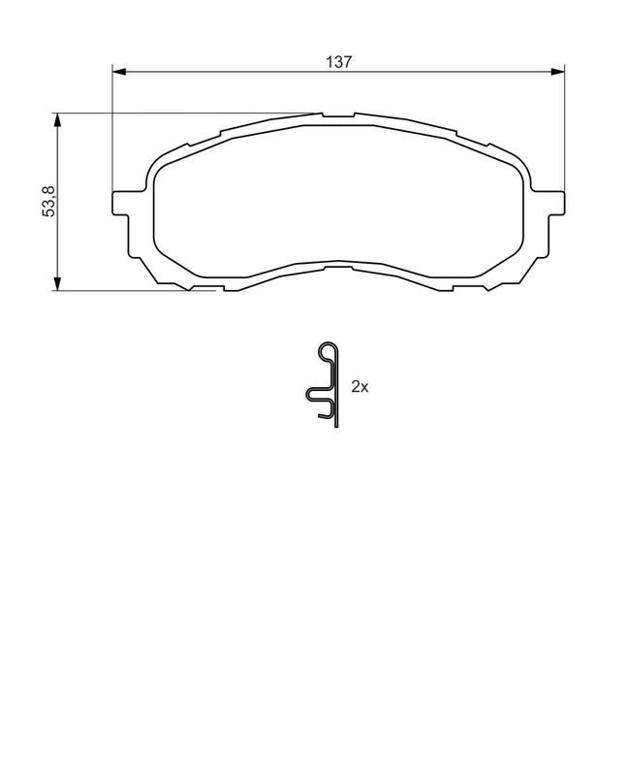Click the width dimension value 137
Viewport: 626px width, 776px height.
coord(338,61)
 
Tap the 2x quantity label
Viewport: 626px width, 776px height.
coord(360,386)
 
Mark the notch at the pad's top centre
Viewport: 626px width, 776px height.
coord(338,116)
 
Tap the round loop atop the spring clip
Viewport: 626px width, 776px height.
coord(329,351)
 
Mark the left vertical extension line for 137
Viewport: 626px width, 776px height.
coord(113,126)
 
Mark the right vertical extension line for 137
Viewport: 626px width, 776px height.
coord(565,126)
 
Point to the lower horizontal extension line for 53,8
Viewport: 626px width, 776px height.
coord(126,290)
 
